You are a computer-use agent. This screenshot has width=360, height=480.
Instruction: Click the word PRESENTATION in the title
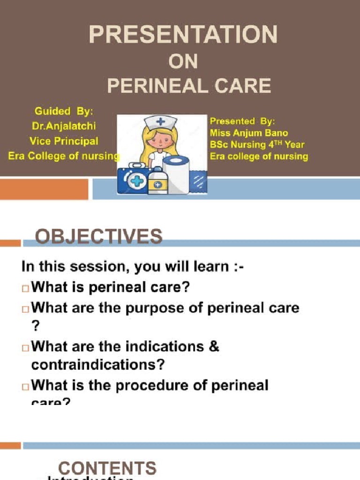[x=183, y=35]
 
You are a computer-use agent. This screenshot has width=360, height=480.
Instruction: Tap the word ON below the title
[x=183, y=61]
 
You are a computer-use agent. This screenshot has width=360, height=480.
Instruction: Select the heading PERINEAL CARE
[x=189, y=86]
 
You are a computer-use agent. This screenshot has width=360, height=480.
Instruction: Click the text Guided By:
[x=64, y=112]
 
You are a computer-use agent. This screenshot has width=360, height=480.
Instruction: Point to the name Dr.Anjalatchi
[x=64, y=126]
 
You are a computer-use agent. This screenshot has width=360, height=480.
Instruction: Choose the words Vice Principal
[x=64, y=141]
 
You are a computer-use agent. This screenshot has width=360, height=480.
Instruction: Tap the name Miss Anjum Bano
[x=249, y=133]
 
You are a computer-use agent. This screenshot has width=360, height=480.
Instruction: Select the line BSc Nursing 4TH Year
[x=257, y=145]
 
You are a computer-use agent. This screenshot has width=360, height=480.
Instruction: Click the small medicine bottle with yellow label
[x=158, y=182]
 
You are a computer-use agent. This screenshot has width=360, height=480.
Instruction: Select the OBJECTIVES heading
[x=99, y=236]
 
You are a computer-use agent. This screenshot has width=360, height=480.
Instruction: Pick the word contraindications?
[x=99, y=364]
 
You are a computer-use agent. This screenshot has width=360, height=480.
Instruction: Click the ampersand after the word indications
[x=213, y=347]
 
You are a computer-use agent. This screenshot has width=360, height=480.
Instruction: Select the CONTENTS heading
[x=107, y=468]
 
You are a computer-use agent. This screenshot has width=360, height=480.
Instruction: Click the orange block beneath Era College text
[x=44, y=189]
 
